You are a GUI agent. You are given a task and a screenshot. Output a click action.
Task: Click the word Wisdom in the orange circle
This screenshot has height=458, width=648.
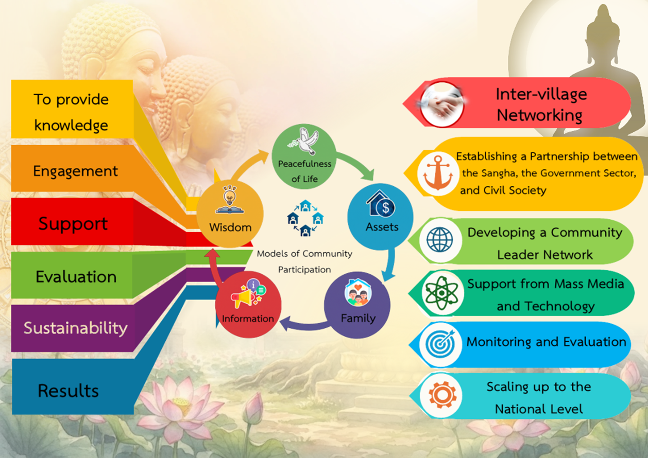pos(230,227)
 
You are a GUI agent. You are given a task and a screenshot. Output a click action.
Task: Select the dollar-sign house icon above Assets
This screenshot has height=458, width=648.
pos(381,203)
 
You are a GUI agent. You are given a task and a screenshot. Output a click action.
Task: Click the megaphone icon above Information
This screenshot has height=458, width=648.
pos(248,293)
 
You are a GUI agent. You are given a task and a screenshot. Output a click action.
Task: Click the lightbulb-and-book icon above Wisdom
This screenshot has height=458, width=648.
pos(230,200)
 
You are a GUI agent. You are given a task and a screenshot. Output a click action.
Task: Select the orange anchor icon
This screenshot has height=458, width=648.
pos(438,173)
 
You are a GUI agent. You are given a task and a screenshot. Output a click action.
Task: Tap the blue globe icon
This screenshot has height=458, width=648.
pos(440,240)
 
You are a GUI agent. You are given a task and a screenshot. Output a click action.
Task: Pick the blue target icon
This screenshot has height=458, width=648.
pos(440,344)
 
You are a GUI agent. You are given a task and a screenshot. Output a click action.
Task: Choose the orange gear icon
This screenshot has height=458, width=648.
pos(442,395)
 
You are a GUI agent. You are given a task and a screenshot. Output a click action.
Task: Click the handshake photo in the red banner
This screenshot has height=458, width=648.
pos(441,104)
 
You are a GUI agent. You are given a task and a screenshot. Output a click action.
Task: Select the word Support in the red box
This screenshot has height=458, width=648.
pos(73,224)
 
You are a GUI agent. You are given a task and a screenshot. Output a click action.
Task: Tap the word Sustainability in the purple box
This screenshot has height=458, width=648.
pos(76,328)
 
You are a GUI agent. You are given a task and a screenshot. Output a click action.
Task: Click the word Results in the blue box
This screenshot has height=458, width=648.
pos(69,391)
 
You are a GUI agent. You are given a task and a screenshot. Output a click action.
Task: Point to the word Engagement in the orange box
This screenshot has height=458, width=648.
pos(75,171)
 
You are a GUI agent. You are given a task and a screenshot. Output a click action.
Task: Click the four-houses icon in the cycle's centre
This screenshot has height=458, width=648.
pos(305,219)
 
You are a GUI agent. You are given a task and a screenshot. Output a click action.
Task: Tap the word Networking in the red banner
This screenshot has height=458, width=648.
pos(539,116)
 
